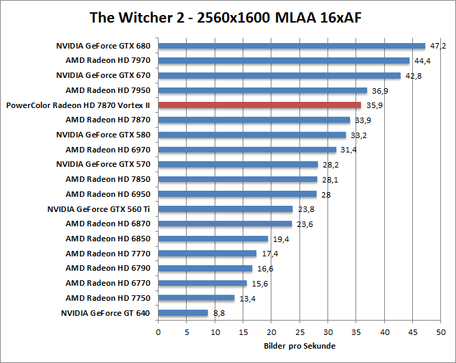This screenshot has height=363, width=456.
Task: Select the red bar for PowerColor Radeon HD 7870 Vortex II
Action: point(260,105)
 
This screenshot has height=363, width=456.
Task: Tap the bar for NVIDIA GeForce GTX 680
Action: point(292,46)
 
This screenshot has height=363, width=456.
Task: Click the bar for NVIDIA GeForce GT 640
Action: point(183,313)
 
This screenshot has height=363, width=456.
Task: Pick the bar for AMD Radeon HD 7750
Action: point(196,298)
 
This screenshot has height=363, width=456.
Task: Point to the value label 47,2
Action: point(437,46)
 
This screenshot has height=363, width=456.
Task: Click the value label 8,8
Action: point(219,313)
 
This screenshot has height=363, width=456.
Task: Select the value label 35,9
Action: point(373,105)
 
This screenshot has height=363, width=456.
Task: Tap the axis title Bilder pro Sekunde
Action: point(299,346)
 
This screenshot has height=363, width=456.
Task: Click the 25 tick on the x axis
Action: point(299,332)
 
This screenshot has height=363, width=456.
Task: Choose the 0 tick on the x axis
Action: point(159,332)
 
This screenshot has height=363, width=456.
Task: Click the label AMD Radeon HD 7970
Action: point(108,61)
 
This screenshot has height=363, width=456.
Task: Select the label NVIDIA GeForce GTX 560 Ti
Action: point(98,209)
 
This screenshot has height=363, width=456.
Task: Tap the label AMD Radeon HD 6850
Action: point(108,239)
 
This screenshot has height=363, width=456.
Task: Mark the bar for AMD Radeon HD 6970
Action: point(247,150)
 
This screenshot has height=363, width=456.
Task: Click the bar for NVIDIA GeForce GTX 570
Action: point(238,165)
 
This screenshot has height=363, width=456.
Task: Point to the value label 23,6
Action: point(304,224)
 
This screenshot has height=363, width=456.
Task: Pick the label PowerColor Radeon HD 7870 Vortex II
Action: point(77,105)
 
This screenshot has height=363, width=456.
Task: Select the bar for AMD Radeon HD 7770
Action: point(208,254)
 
